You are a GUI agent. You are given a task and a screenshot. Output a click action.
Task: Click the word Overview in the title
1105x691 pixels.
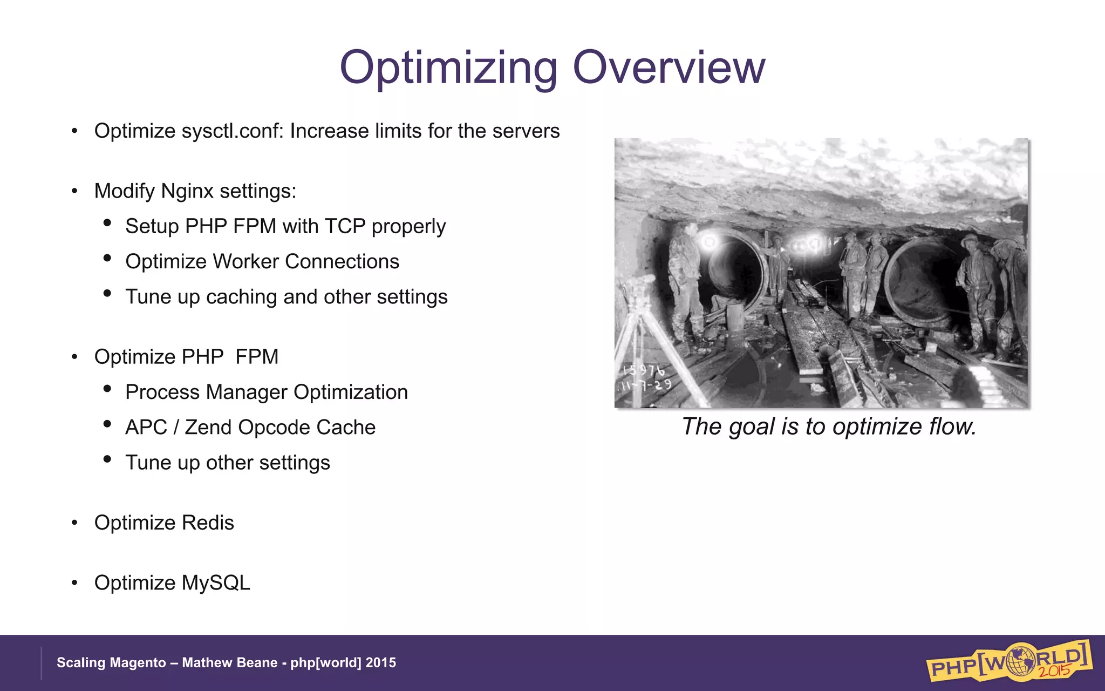[x=669, y=67]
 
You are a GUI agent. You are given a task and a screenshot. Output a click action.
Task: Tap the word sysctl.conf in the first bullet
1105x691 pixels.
[x=232, y=131]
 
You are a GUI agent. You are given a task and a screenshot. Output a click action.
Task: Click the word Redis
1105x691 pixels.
[x=208, y=523]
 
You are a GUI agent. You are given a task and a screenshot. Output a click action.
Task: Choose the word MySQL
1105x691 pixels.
[x=216, y=583]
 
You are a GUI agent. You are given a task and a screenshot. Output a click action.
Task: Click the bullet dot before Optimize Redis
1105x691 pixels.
[x=74, y=523]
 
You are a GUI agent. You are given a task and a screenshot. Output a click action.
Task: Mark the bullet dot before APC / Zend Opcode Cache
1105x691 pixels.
[x=107, y=424]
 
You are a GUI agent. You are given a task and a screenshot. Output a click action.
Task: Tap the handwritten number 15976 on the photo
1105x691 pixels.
[x=643, y=370]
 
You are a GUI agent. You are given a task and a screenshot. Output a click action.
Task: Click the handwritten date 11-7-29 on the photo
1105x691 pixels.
[x=646, y=385]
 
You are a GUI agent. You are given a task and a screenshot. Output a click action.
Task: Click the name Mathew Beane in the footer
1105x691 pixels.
[x=229, y=663]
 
